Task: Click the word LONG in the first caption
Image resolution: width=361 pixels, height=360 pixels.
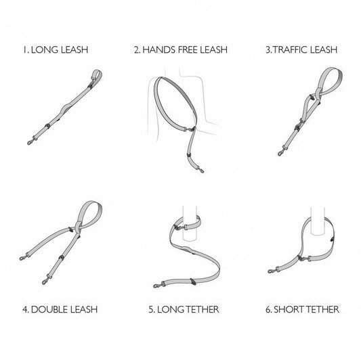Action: click(x=44, y=49)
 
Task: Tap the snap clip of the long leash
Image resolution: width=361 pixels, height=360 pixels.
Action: click(x=30, y=141)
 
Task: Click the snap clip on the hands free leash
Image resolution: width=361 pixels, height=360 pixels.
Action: click(x=201, y=171)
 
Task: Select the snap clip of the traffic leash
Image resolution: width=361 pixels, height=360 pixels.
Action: click(x=281, y=152)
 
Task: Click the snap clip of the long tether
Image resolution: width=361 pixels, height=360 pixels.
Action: click(x=157, y=286)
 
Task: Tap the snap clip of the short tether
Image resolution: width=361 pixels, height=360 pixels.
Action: click(x=271, y=271)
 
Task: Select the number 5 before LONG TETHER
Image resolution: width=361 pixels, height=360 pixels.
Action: click(x=151, y=310)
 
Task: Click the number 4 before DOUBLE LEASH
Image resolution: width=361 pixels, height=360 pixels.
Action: click(x=25, y=310)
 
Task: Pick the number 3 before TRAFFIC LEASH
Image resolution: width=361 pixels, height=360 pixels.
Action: click(x=268, y=50)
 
